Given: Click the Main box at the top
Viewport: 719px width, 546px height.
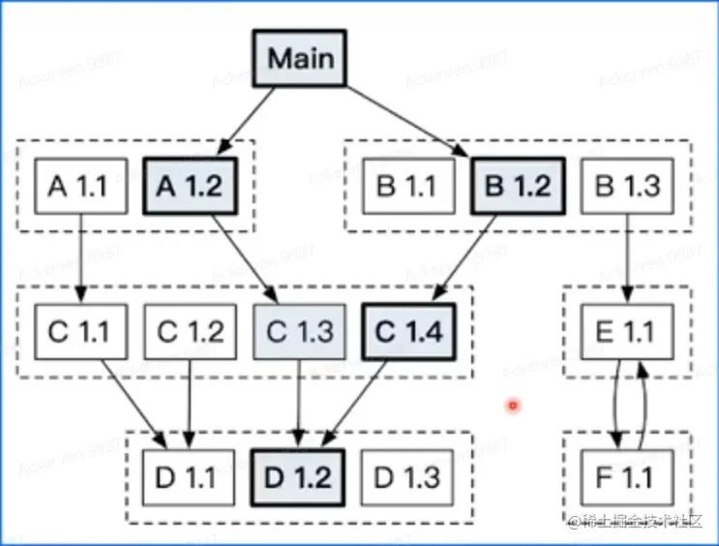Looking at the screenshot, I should (x=300, y=58).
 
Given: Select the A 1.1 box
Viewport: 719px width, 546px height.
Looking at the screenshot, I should (x=80, y=186).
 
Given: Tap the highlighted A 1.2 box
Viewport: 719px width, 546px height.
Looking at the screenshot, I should (x=189, y=186).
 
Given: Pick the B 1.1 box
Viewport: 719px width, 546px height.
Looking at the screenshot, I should (x=408, y=186).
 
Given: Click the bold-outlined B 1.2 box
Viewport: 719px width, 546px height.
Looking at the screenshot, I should (x=518, y=186).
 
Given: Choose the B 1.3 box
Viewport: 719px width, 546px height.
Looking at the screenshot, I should (x=626, y=186).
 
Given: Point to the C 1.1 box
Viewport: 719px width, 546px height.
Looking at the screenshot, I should (x=80, y=332).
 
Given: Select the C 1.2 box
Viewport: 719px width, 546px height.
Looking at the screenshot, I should (x=189, y=332).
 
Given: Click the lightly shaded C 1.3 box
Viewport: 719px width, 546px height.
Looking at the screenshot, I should (x=298, y=332).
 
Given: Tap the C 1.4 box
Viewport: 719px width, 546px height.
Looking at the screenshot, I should (x=407, y=332).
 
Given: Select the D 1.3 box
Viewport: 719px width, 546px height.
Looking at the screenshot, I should (x=406, y=477).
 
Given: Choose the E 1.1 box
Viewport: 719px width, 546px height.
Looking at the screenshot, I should (x=626, y=332).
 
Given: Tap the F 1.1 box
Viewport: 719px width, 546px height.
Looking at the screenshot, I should (x=626, y=477).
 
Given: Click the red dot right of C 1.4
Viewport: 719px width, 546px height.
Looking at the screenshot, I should (x=513, y=406).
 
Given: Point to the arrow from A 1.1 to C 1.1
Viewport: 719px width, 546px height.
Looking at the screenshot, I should (x=81, y=257).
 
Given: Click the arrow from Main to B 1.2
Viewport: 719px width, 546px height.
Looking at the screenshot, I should (x=406, y=122).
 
